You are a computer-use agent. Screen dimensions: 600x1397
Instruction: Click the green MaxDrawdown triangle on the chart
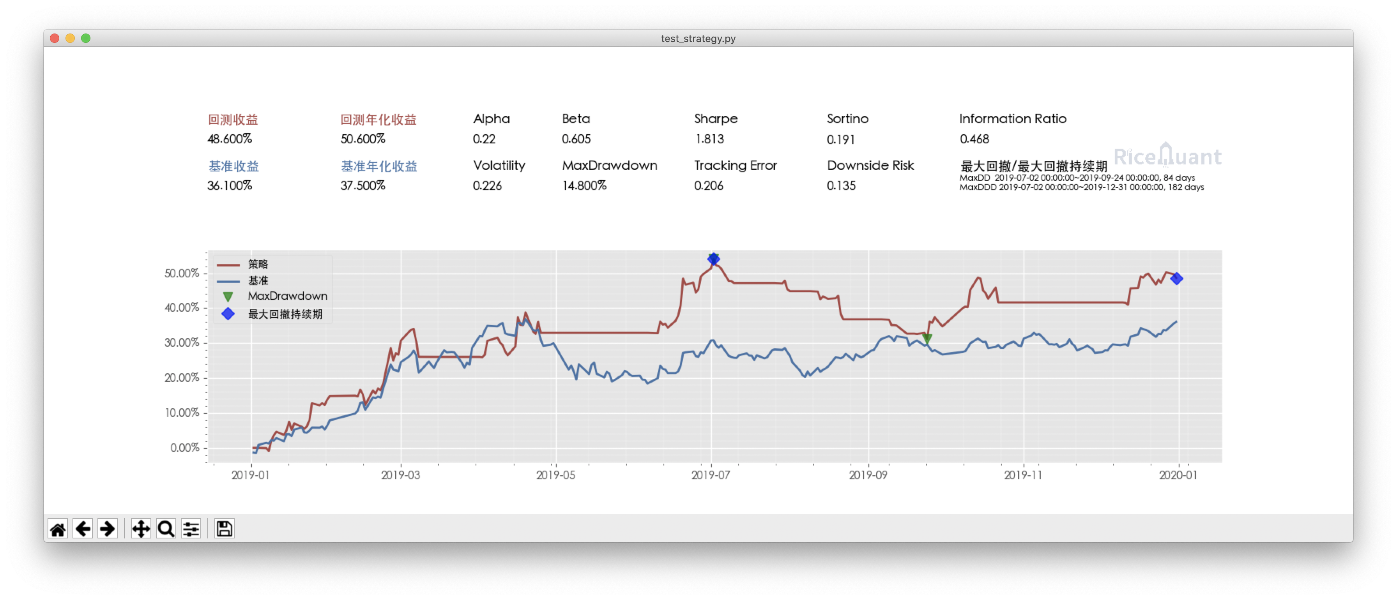[927, 339]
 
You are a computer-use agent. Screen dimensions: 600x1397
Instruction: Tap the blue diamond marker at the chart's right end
[1176, 279]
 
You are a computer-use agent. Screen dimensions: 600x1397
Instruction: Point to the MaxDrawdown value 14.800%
[584, 186]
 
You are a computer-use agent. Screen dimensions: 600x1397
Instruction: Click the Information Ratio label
[1013, 119]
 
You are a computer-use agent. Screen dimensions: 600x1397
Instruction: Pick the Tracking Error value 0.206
[708, 186]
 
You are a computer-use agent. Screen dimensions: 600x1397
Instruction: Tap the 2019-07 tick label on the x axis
[711, 475]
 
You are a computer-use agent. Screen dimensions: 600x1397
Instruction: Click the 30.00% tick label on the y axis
[182, 342]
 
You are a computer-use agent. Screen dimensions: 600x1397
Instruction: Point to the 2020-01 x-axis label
[1178, 475]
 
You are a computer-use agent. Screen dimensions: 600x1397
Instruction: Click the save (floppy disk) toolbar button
[224, 528]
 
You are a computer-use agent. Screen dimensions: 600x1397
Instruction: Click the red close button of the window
[54, 38]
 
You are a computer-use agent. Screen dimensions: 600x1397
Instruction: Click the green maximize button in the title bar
[86, 38]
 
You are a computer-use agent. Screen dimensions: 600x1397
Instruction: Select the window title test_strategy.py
[698, 39]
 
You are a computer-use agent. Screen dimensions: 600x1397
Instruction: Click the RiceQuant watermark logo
[1167, 156]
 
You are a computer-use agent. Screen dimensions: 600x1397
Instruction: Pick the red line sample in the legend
[228, 265]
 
